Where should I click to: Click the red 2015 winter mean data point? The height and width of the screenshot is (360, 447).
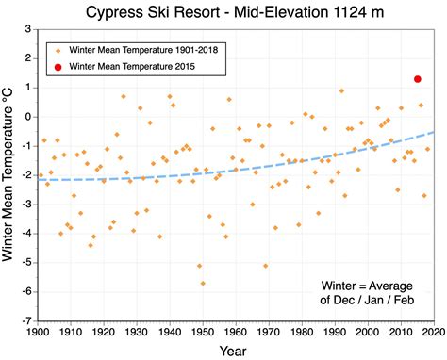(417, 79)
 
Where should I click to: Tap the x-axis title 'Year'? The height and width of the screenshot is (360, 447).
(235, 350)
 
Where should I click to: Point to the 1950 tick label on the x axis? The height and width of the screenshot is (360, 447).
(202, 332)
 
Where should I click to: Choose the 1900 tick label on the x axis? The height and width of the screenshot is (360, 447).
(38, 332)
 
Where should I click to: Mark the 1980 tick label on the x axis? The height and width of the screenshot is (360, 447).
(301, 332)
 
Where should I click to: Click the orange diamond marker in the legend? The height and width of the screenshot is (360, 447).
(58, 51)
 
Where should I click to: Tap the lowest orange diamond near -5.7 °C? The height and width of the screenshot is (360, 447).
(203, 283)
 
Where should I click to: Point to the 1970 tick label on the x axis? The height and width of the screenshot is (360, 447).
(268, 332)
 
